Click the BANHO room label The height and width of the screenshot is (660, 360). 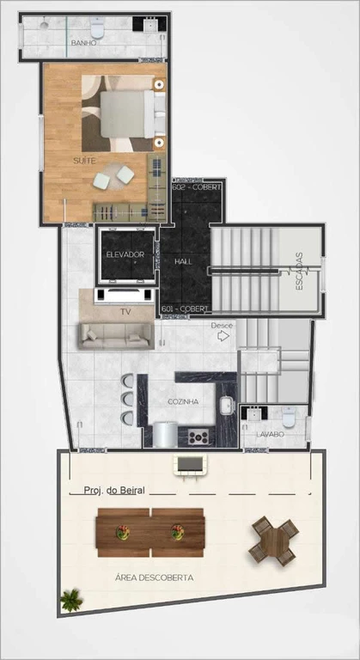pyautogui.click(x=84, y=43)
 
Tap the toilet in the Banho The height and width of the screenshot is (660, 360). pyautogui.click(x=97, y=27)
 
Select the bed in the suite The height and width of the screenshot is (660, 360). pyautogui.click(x=127, y=113)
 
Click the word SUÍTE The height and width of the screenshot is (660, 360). pyautogui.click(x=84, y=161)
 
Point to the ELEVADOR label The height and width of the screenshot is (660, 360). pyautogui.click(x=125, y=254)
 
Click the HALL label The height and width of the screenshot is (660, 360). pyautogui.click(x=184, y=261)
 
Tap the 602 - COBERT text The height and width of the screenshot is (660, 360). pyautogui.click(x=197, y=187)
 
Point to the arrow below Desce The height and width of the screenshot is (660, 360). pyautogui.click(x=223, y=335)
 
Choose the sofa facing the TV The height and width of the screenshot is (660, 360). pyautogui.click(x=116, y=336)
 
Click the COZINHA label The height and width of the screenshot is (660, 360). pyautogui.click(x=183, y=401)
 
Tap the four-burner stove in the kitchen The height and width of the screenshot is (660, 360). pyautogui.click(x=198, y=437)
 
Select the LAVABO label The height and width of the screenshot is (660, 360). pyautogui.click(x=271, y=434)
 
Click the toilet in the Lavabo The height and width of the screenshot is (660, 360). pyautogui.click(x=289, y=417)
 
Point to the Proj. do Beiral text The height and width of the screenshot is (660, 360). pyautogui.click(x=114, y=490)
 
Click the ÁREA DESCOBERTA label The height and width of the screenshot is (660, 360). pyautogui.click(x=154, y=577)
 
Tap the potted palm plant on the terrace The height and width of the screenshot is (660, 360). pyautogui.click(x=70, y=599)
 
